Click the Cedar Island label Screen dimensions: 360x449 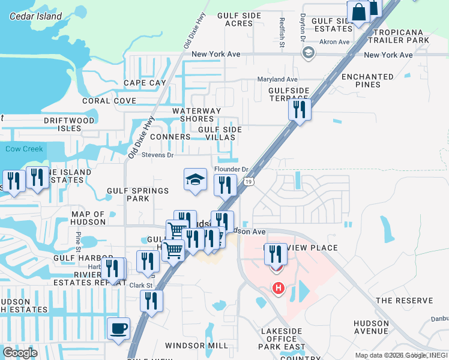pyautogui.click(x=36, y=16)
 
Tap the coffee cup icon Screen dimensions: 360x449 pyautogui.click(x=118, y=329)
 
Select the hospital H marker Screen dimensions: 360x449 pyautogui.click(x=278, y=289)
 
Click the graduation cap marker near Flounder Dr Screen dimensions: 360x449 pyautogui.click(x=195, y=179)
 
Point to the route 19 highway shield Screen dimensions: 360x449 pyautogui.click(x=248, y=181)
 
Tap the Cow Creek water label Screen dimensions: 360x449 pyautogui.click(x=25, y=149)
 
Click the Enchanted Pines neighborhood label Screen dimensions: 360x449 pyautogui.click(x=367, y=80)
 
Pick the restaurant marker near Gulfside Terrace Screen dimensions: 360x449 pyautogui.click(x=299, y=110)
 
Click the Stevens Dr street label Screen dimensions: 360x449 pyautogui.click(x=157, y=155)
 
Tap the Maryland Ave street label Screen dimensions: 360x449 pyautogui.click(x=277, y=79)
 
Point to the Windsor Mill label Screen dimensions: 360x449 pyautogui.click(x=196, y=346)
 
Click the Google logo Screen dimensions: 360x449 pyautogui.click(x=20, y=353)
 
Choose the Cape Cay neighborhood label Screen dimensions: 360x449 pyautogui.click(x=145, y=83)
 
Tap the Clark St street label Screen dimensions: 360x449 pyautogui.click(x=141, y=286)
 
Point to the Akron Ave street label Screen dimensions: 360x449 pyautogui.click(x=334, y=42)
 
